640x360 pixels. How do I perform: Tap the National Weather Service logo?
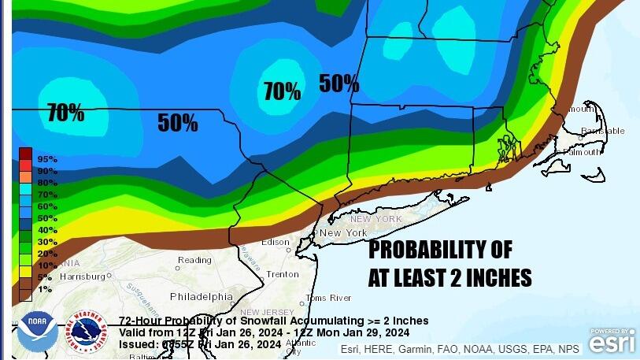[86, 332]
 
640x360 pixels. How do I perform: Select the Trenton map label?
[283, 274]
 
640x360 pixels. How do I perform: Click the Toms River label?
[328, 298]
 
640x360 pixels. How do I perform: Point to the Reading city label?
[194, 260]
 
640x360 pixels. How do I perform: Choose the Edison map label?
[276, 242]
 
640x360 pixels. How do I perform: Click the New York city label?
[343, 233]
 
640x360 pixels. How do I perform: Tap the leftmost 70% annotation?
[65, 113]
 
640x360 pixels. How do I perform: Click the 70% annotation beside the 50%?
[282, 91]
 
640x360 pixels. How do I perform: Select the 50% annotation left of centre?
[177, 122]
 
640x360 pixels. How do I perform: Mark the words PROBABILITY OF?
[440, 251]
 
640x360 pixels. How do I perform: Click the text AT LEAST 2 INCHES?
[449, 278]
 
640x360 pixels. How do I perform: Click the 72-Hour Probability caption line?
[274, 321]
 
